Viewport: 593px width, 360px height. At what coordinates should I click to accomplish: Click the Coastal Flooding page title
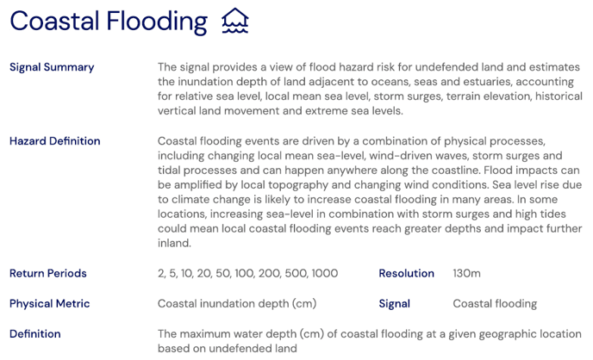click(109, 22)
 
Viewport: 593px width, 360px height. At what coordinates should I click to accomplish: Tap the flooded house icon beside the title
click(234, 21)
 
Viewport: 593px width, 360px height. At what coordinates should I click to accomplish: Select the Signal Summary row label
click(52, 67)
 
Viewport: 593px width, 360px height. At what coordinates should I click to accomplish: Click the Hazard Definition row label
click(54, 141)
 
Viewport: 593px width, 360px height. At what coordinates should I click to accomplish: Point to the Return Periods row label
click(48, 273)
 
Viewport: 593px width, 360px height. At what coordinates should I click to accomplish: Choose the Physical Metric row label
click(49, 303)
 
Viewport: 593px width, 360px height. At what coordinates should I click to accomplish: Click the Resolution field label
click(406, 273)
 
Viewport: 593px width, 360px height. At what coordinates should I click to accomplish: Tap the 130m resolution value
click(466, 273)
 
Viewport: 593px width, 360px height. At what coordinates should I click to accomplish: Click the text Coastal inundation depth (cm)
click(237, 303)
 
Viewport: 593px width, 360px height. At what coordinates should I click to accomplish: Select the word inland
click(174, 243)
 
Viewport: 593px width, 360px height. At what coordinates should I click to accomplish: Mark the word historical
click(541, 96)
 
